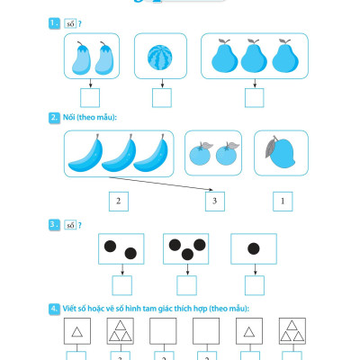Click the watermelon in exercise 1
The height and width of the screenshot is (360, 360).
click(x=160, y=58)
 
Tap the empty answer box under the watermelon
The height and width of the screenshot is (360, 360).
click(x=162, y=98)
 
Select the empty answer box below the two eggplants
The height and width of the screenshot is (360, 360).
click(x=90, y=98)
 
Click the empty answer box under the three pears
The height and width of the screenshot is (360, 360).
click(x=255, y=98)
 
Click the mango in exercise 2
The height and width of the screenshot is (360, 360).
click(x=281, y=153)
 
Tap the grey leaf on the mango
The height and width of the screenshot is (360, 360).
click(x=270, y=148)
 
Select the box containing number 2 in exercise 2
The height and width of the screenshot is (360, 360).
click(x=119, y=202)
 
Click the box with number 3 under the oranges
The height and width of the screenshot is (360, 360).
click(x=215, y=202)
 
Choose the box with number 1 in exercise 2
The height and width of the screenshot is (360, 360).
click(x=283, y=202)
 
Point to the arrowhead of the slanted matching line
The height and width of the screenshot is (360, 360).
click(x=211, y=190)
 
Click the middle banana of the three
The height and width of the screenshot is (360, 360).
click(x=119, y=153)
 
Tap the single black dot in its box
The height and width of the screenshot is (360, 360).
click(x=254, y=248)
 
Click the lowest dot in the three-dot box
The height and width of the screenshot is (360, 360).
click(x=187, y=255)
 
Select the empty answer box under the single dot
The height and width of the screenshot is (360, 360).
click(x=255, y=285)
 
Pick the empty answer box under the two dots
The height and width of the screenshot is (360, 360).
click(x=122, y=285)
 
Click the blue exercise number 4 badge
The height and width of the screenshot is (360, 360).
click(x=54, y=309)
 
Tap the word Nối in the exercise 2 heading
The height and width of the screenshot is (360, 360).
click(x=68, y=117)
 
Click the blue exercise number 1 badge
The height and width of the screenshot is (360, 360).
click(x=54, y=23)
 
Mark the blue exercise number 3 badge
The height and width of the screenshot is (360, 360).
click(x=54, y=225)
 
